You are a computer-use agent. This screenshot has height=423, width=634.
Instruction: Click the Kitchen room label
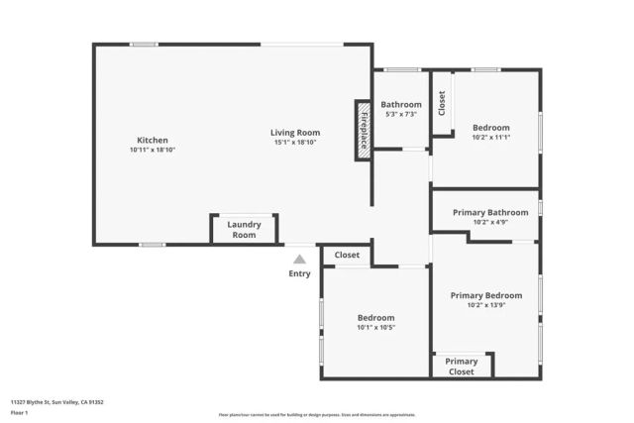click(152, 140)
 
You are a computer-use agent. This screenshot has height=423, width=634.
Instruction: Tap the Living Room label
click(295, 133)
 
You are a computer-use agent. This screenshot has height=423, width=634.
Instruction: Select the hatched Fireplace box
click(364, 130)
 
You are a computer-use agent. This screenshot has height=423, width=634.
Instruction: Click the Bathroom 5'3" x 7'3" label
click(401, 104)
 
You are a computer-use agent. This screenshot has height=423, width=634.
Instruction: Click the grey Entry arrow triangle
click(299, 260)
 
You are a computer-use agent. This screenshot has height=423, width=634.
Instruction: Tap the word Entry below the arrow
click(299, 274)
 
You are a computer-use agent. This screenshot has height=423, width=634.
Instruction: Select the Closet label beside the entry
click(347, 256)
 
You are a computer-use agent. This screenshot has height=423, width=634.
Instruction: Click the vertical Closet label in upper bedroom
click(442, 103)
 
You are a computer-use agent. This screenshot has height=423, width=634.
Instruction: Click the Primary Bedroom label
click(485, 295)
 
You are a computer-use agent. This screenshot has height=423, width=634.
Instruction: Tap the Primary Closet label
click(462, 367)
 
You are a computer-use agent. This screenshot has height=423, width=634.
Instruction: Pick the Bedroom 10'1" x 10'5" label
click(375, 318)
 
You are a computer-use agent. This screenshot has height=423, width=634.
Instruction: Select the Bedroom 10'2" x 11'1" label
click(490, 128)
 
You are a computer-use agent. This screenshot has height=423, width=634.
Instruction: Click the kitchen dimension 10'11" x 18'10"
click(152, 150)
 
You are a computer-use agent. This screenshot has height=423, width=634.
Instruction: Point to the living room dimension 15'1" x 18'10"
click(295, 143)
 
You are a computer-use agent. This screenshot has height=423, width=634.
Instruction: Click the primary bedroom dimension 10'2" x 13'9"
click(485, 305)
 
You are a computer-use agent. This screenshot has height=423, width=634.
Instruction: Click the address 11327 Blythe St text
click(57, 402)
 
